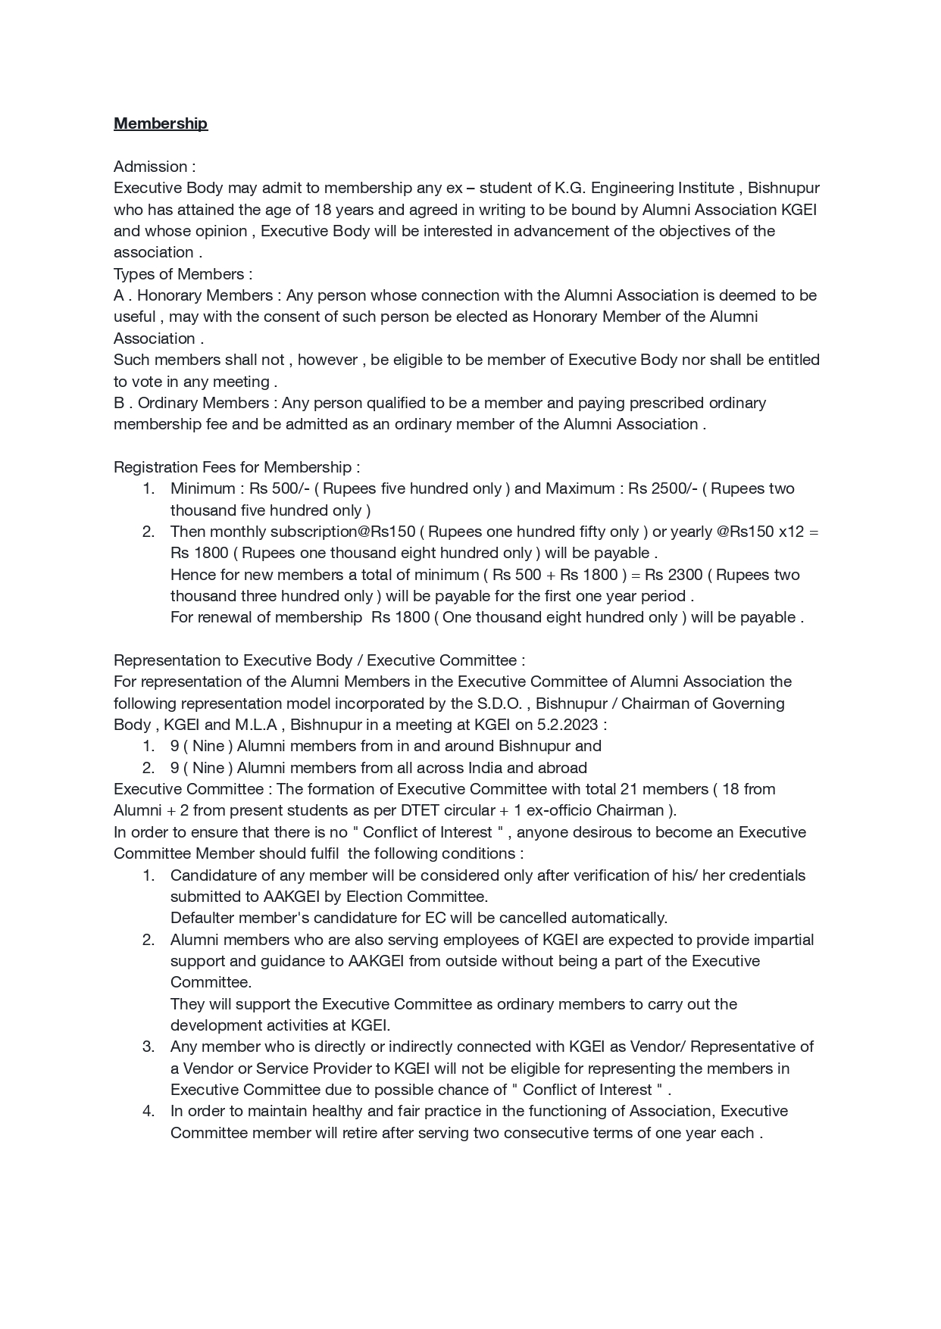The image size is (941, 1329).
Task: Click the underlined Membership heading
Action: [160, 123]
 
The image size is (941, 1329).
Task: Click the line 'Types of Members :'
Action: [183, 274]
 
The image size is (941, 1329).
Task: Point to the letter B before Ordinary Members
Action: [119, 403]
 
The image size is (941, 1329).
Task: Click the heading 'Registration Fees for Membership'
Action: [236, 467]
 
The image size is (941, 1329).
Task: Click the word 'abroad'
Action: [562, 768]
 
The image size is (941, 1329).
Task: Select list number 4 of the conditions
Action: [148, 1111]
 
